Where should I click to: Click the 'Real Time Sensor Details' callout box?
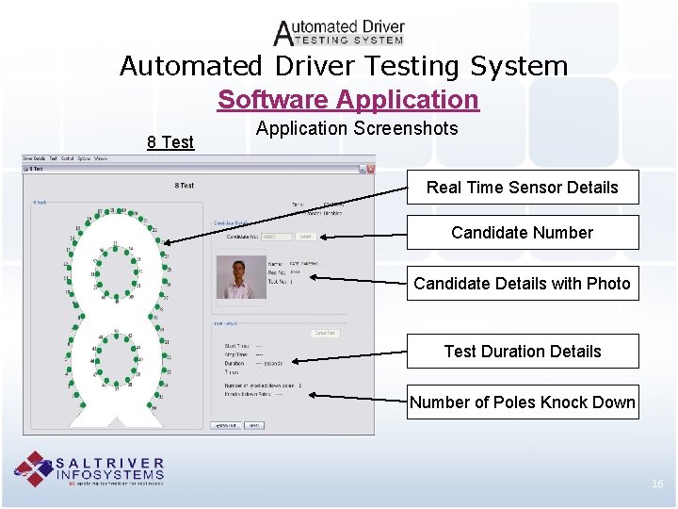click(522, 187)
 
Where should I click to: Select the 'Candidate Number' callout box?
click(522, 232)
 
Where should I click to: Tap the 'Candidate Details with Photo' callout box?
click(522, 283)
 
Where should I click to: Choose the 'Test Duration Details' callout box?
click(522, 351)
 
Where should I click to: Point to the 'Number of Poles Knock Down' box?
click(522, 402)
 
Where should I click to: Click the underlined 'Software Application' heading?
click(347, 100)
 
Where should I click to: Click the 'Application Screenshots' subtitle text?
click(357, 128)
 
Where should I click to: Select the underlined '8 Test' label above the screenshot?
click(170, 142)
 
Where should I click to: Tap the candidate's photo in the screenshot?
click(236, 277)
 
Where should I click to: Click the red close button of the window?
click(370, 169)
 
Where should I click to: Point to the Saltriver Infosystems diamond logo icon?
click(34, 468)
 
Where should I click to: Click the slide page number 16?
click(657, 484)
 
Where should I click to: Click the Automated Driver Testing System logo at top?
click(339, 32)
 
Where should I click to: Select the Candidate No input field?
click(275, 237)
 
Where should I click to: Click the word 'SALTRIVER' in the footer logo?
click(111, 463)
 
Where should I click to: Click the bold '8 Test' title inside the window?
click(185, 186)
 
